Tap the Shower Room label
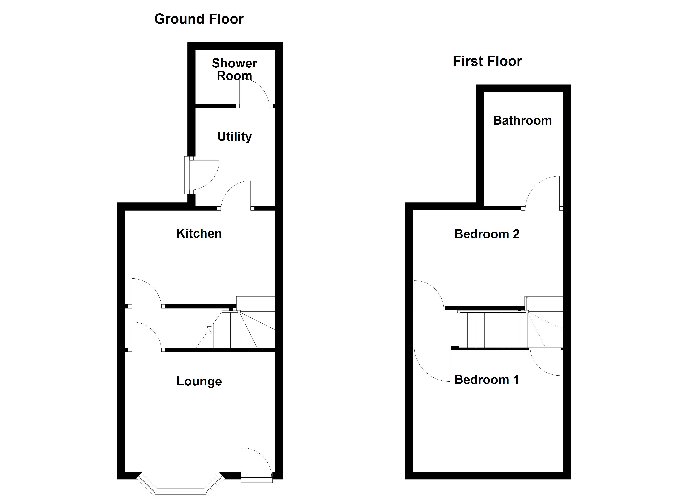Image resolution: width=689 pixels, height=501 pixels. point(234,70)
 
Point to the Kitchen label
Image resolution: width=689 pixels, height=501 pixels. point(199,234)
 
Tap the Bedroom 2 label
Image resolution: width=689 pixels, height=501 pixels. point(487,234)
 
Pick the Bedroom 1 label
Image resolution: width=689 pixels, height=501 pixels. point(486,380)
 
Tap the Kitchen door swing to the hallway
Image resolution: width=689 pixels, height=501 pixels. point(146,292)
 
